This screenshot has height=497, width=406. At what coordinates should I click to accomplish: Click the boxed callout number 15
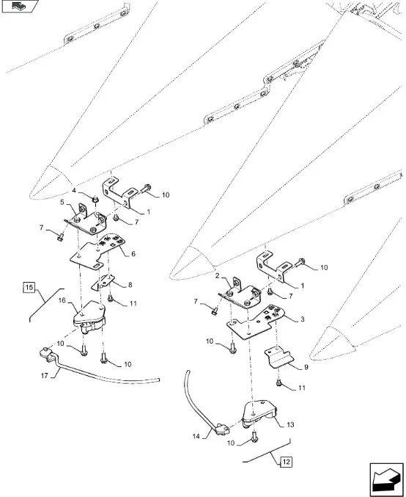point(29,288)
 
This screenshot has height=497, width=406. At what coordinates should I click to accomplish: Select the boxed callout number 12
point(286,462)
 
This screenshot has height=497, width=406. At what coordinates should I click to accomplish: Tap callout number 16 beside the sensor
point(62,300)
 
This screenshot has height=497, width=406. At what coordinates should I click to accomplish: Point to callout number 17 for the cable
point(44,376)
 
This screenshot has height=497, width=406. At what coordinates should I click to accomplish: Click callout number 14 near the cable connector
point(196,437)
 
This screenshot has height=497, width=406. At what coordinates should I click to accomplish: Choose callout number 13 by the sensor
point(290,424)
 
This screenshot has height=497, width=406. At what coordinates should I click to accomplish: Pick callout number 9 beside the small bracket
point(306,367)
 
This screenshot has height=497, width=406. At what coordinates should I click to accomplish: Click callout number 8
point(130,285)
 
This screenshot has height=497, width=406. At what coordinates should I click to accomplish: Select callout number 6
point(133,254)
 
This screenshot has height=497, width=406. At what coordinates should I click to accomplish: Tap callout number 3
point(302,319)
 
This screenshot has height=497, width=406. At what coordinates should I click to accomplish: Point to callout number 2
point(217,276)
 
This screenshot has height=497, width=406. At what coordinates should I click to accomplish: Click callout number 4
point(74,190)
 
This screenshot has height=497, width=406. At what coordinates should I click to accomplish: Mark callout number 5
point(62,202)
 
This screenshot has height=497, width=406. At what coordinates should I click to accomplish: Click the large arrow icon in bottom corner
point(386,479)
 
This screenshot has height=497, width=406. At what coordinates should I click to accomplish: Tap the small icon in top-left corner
point(20,6)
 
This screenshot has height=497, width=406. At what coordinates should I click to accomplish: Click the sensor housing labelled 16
point(89,317)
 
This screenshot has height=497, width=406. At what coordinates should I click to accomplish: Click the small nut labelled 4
point(94,200)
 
